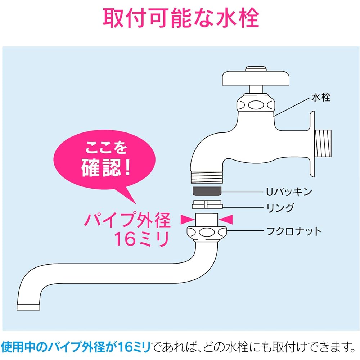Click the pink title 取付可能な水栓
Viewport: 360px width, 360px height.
click(x=181, y=18)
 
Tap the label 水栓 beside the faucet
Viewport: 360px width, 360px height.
click(x=321, y=97)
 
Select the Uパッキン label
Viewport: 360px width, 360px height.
click(x=289, y=192)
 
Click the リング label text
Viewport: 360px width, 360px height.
click(x=280, y=208)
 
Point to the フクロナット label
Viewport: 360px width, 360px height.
click(x=294, y=231)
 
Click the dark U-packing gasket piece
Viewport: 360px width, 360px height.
click(x=207, y=191)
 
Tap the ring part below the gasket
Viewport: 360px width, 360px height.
click(x=207, y=204)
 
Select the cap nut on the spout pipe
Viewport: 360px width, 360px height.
click(x=207, y=233)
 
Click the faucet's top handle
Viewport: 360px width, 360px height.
click(x=256, y=77)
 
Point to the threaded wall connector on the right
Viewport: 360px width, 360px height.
click(x=323, y=143)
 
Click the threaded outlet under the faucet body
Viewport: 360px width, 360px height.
click(x=207, y=177)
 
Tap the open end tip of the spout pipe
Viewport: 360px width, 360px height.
click(x=28, y=307)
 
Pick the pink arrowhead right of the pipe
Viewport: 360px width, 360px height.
click(x=226, y=220)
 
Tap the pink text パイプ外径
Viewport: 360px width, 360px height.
click(x=128, y=220)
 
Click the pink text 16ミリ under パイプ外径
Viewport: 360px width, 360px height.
click(x=141, y=239)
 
